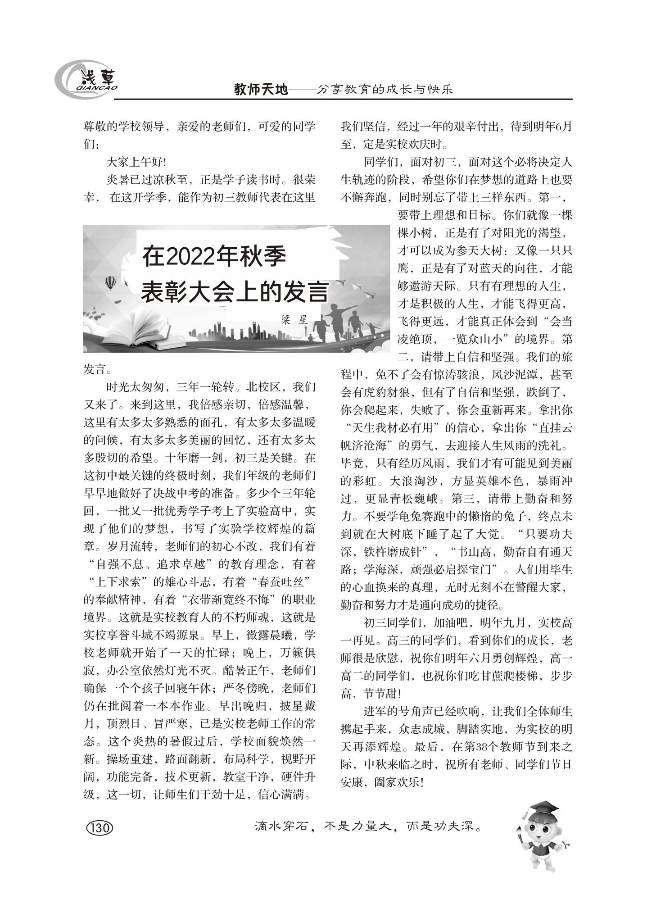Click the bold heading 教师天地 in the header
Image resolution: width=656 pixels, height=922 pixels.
click(x=261, y=90)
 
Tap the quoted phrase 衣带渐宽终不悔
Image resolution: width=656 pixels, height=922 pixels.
click(x=233, y=600)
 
